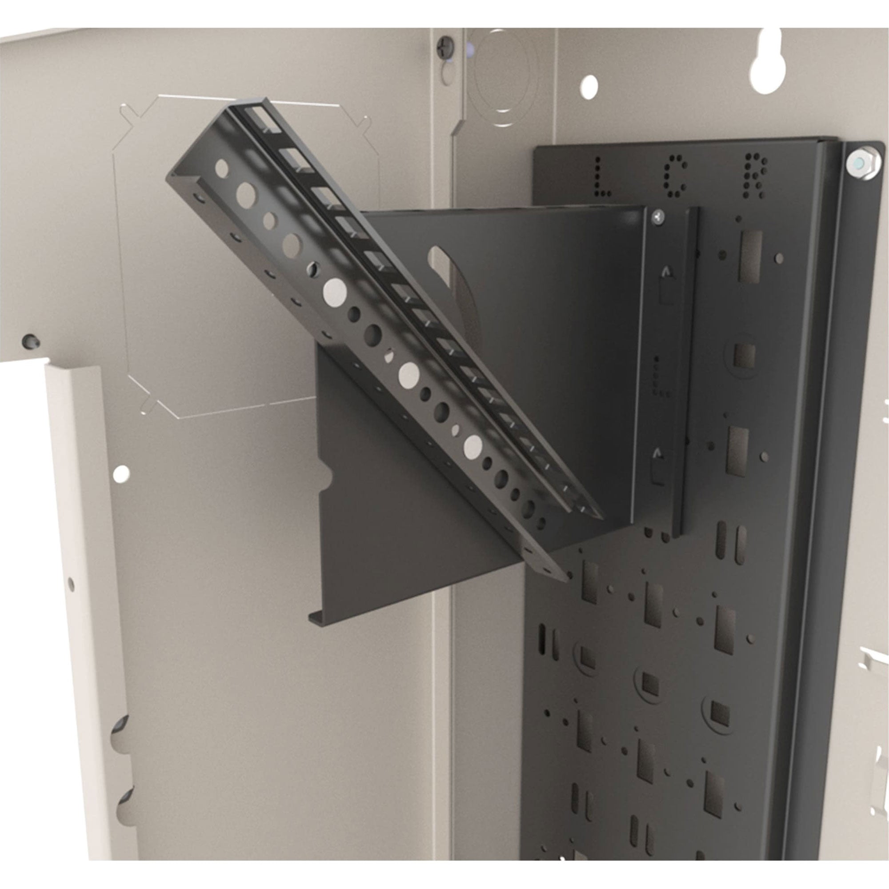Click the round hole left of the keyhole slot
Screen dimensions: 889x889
click(589, 87)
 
